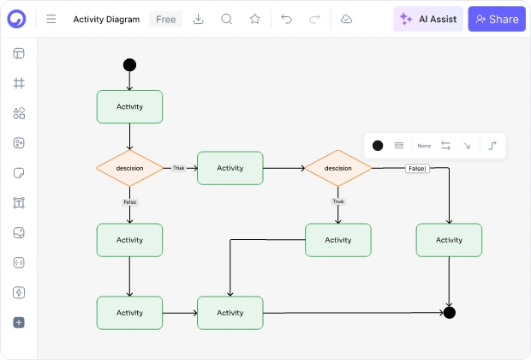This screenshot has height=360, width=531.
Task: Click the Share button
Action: [497, 19]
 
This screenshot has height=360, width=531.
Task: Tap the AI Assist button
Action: [428, 19]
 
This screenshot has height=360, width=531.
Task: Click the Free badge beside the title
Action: [165, 20]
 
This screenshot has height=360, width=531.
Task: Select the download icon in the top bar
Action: [198, 19]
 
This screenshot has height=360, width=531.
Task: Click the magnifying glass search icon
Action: [227, 19]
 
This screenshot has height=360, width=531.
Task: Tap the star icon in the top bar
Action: [255, 19]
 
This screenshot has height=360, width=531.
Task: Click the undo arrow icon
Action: [286, 19]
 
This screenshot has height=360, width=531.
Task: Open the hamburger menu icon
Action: [51, 19]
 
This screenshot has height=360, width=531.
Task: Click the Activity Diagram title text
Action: [106, 20]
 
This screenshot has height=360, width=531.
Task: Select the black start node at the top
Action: [129, 65]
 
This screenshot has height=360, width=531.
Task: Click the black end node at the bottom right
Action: [450, 313]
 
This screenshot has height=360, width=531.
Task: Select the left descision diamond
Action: [129, 168]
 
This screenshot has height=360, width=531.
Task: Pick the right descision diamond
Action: [338, 168]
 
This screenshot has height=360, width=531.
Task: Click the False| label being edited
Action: [417, 169]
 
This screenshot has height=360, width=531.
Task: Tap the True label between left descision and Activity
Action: [178, 168]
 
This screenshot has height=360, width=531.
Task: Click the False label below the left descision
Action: [129, 202]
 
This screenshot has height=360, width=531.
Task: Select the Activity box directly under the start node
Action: [129, 107]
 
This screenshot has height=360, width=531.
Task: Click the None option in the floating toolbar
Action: [424, 146]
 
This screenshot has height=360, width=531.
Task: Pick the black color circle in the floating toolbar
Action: [378, 146]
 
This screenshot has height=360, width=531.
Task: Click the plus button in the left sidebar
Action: [19, 322]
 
